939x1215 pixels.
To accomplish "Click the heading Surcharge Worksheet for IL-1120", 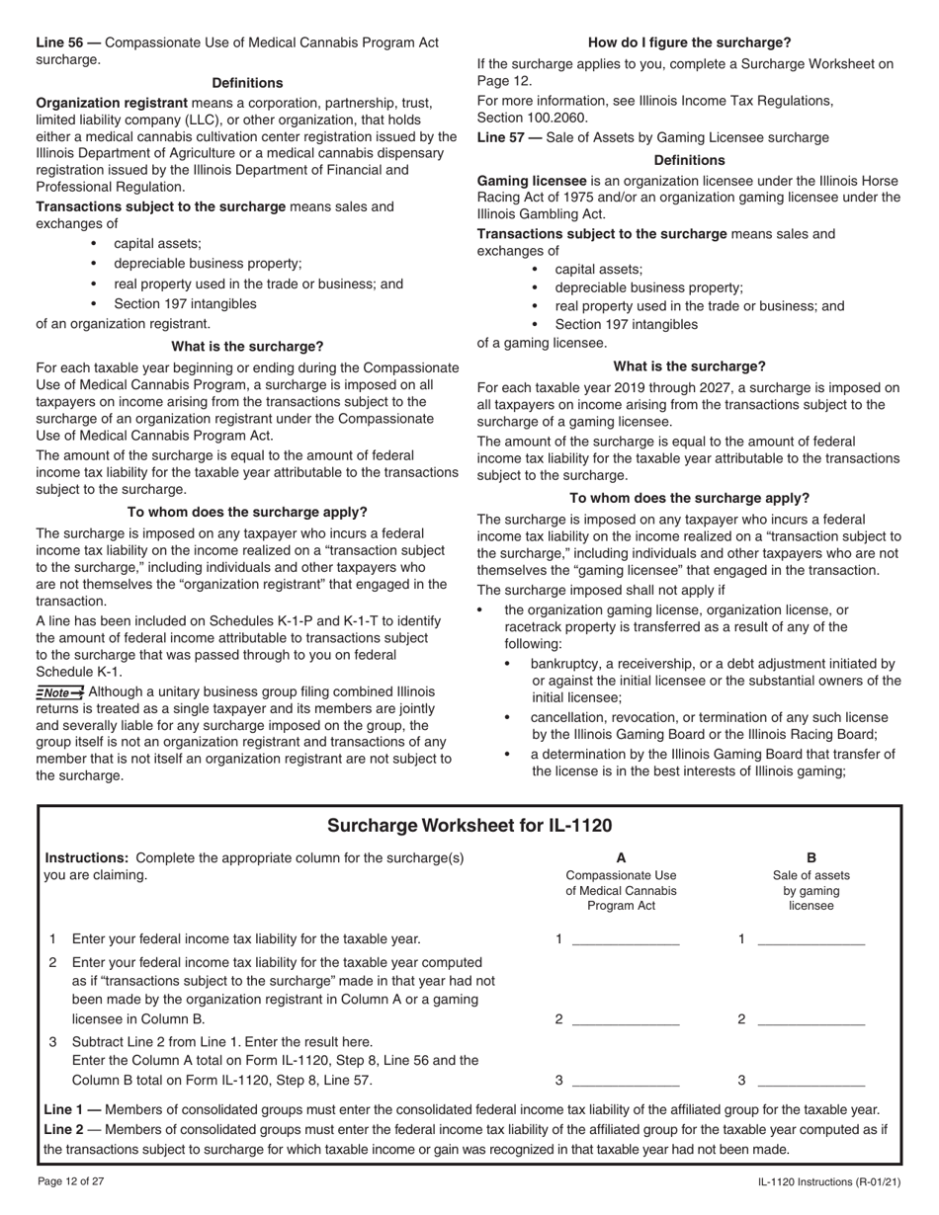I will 469,826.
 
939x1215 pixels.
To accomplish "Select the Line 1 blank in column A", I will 626,939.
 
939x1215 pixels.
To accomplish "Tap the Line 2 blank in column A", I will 626,1019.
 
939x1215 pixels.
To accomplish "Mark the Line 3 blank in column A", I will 626,1080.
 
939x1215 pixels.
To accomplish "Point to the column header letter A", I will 621,857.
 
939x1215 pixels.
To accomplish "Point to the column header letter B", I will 811,857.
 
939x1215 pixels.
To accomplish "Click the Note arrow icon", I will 60,692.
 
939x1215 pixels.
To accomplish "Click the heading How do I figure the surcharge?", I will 689,42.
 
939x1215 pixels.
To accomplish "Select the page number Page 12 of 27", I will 76,1182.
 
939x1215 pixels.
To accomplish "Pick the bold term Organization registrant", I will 112,103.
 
